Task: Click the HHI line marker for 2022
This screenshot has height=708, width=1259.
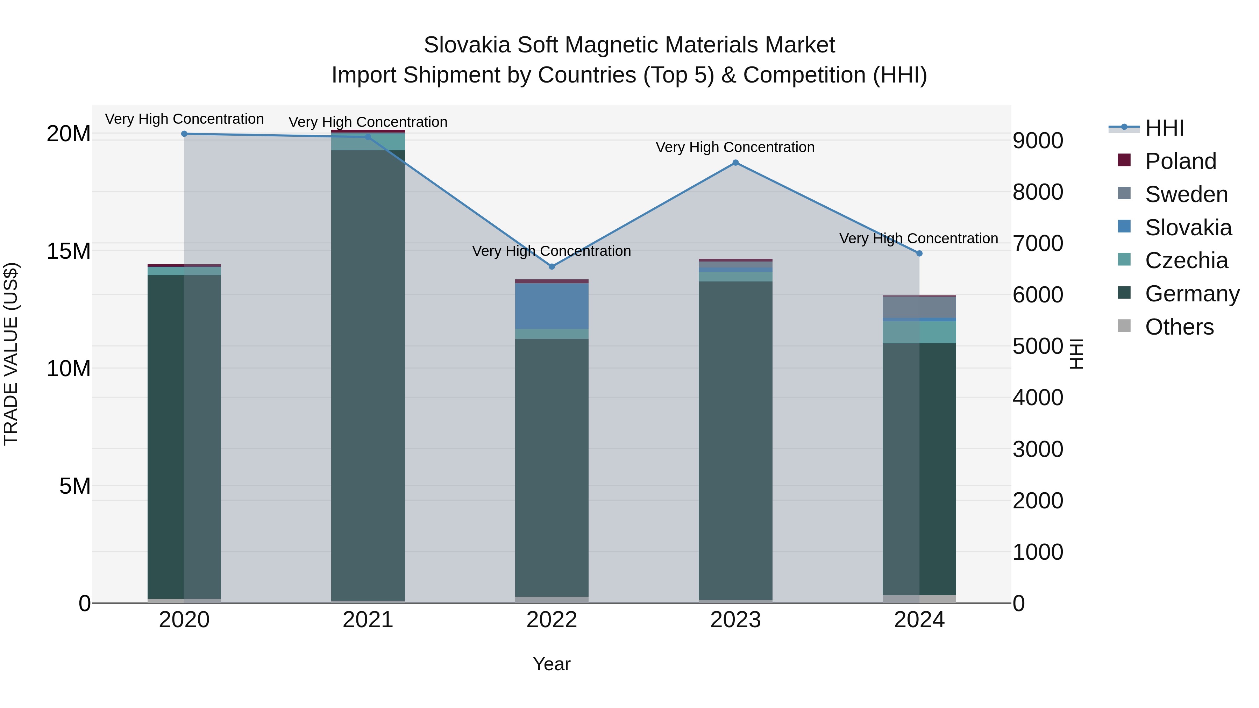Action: (x=552, y=267)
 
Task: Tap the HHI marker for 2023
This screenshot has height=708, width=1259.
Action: (x=735, y=163)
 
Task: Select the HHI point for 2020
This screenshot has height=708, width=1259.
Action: (x=184, y=134)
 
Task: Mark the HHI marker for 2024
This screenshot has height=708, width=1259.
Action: (x=919, y=253)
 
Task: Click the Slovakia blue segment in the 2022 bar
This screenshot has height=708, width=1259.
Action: (x=552, y=306)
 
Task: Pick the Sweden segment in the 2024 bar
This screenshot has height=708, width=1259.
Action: (x=919, y=307)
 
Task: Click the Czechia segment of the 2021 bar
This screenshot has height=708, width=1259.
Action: (x=368, y=142)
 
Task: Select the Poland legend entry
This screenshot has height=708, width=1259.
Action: (x=1180, y=161)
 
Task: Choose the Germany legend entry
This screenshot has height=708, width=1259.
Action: (x=1192, y=294)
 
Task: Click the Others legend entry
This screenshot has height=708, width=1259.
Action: (x=1179, y=327)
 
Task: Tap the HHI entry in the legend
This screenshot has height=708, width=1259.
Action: (x=1164, y=128)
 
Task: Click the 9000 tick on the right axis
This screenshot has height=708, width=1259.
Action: (x=1038, y=141)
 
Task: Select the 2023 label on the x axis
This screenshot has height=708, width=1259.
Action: (x=735, y=620)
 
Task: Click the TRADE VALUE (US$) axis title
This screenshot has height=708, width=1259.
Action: (x=11, y=354)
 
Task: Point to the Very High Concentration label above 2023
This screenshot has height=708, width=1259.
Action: (x=735, y=147)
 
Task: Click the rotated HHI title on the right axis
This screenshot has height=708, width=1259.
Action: (x=1077, y=354)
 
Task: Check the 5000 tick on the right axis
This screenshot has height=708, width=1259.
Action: (x=1038, y=346)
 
